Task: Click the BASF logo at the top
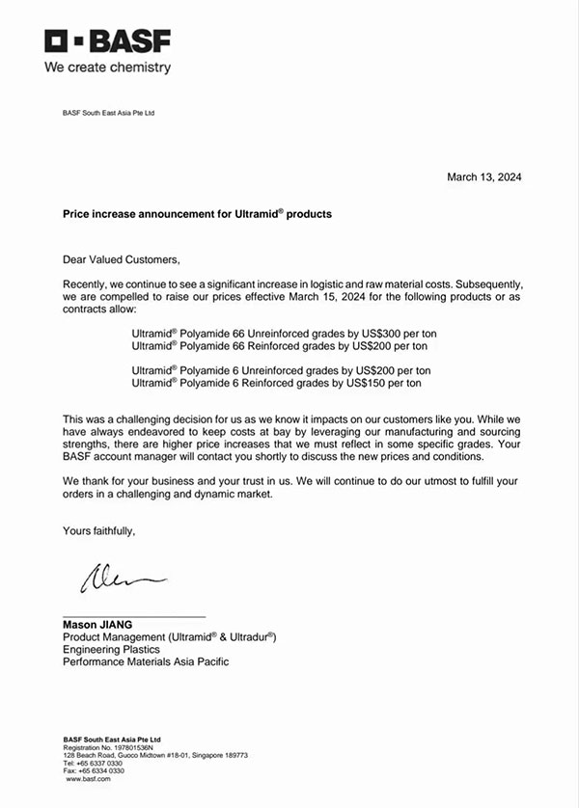107,41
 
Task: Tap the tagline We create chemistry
107,67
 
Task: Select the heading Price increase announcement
197,214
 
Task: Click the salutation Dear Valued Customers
122,259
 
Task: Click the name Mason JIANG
97,625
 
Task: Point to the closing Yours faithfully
99,530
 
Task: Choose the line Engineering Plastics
112,650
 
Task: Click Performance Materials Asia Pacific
146,662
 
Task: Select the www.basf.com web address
89,778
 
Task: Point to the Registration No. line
101,747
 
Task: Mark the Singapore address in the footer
155,755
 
